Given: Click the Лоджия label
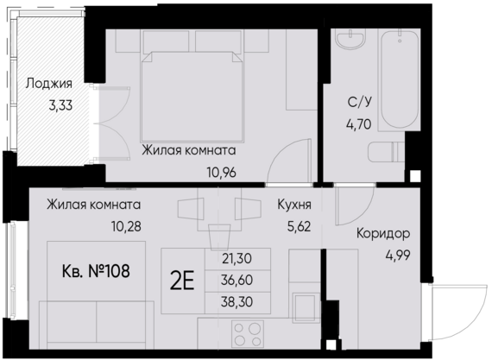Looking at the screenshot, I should point(48,85).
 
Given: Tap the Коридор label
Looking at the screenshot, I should point(382,234).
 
